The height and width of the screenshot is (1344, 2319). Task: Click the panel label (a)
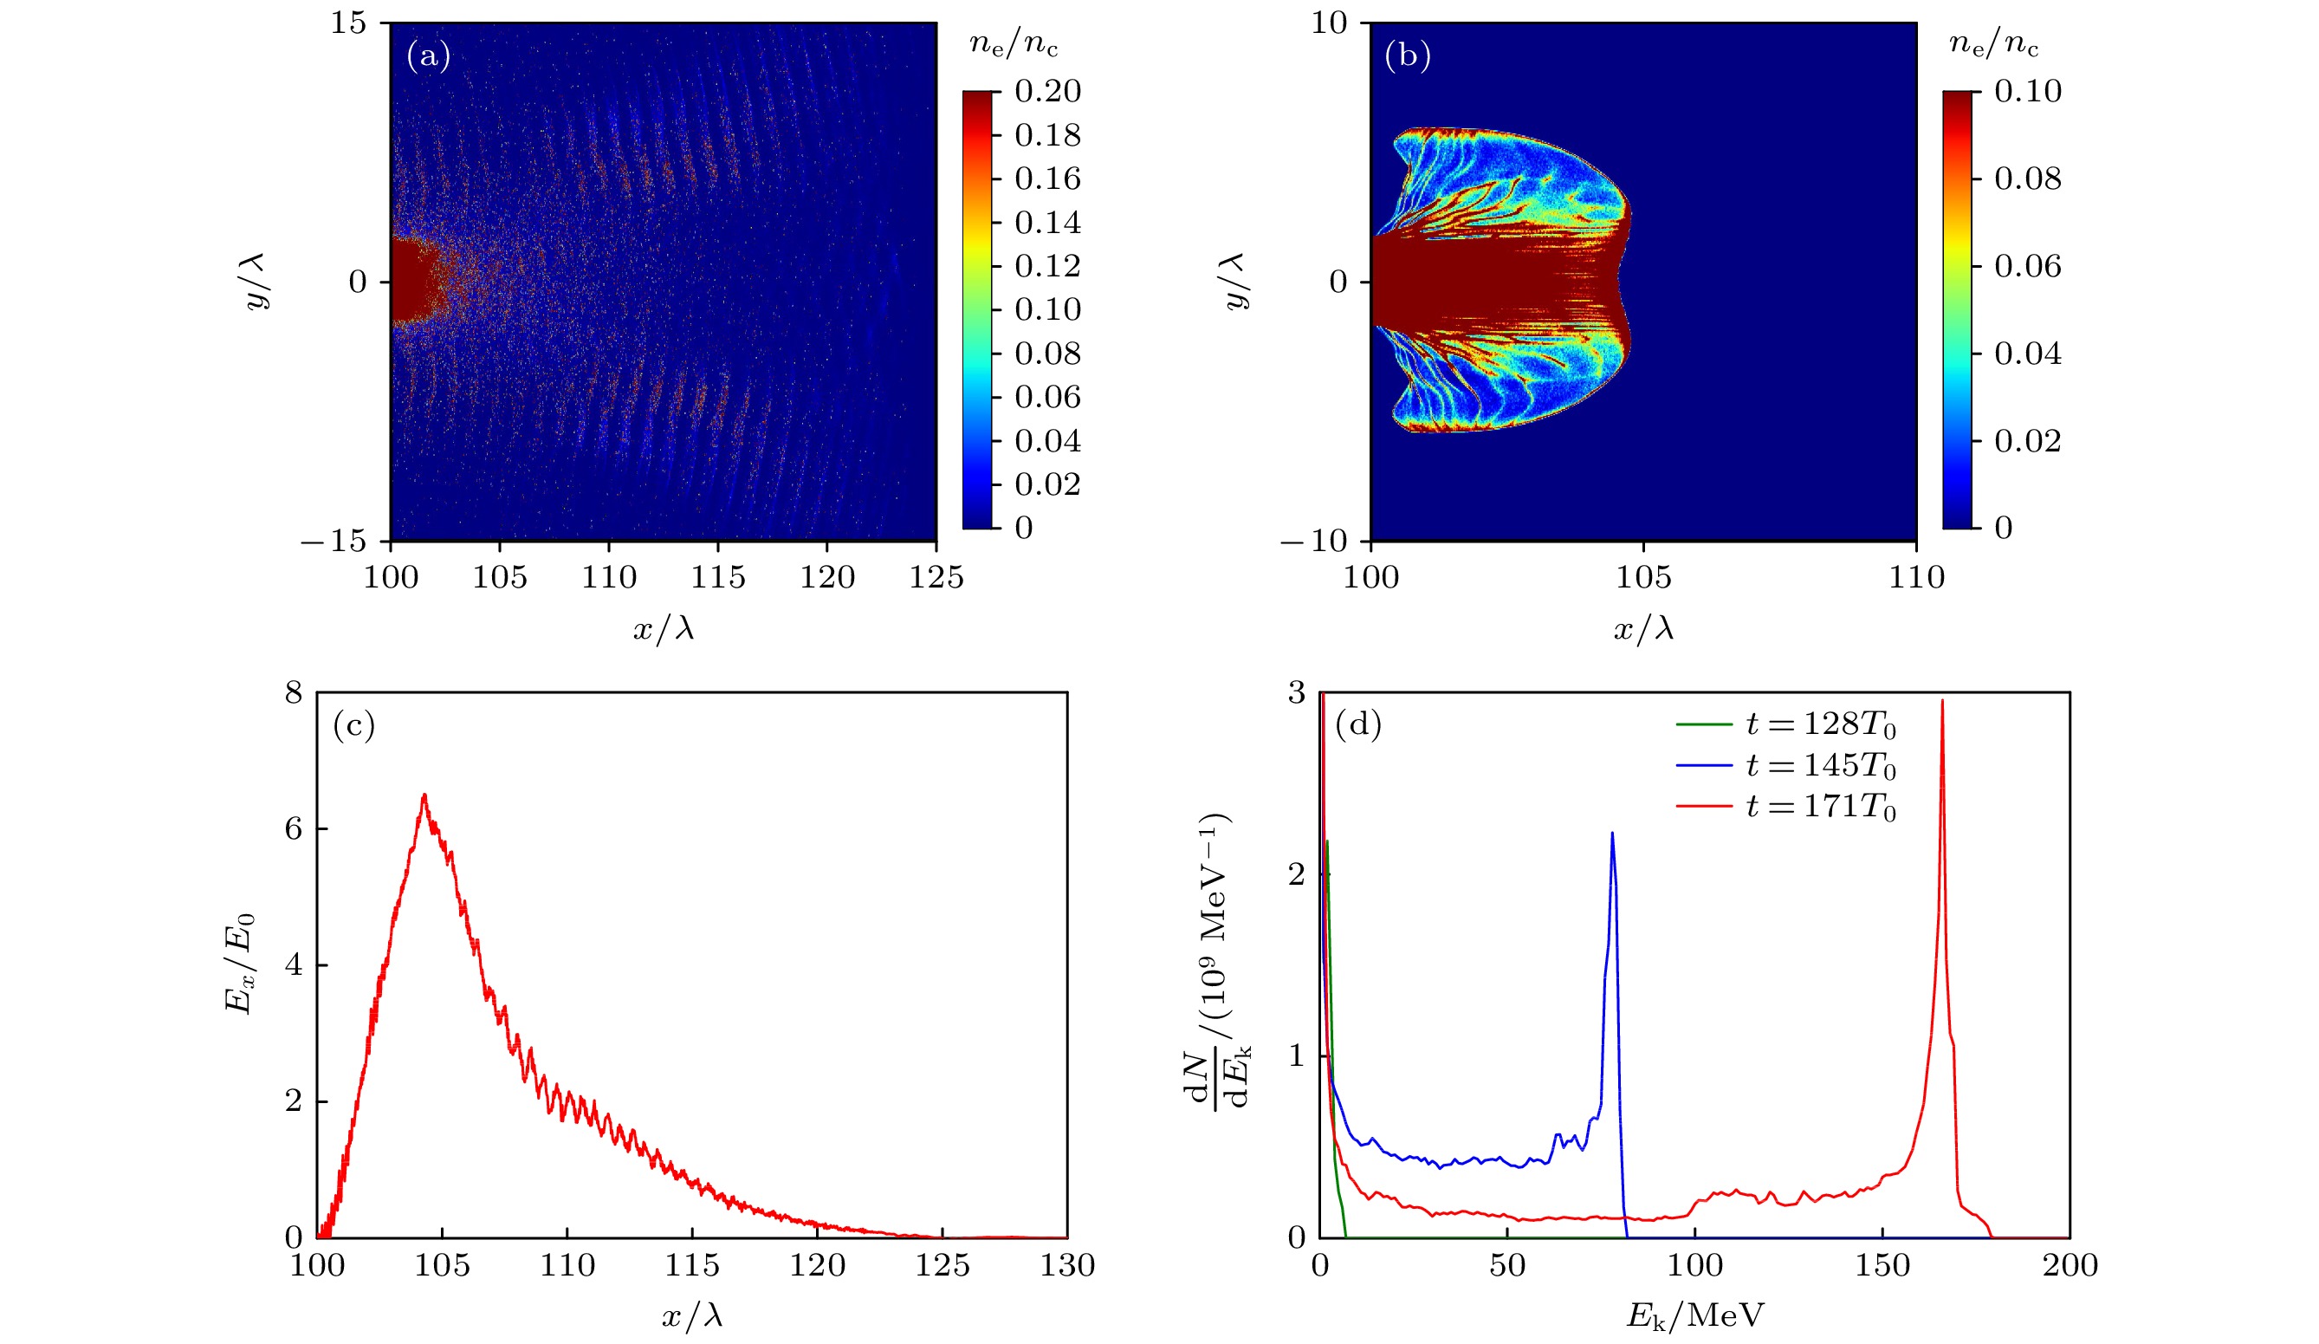pos(429,57)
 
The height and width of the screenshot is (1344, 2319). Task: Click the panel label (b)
pos(1408,57)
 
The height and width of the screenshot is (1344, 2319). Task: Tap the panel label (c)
pos(354,726)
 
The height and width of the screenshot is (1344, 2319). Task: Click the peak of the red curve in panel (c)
pos(424,795)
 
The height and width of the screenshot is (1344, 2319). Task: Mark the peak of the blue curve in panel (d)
pos(1612,833)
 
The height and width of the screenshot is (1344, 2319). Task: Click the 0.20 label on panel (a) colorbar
pos(1047,91)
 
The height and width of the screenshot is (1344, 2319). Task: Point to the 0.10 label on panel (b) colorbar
pos(2027,91)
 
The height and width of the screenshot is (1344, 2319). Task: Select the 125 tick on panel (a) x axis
pos(936,578)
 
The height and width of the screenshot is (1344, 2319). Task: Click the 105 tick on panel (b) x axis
pos(1643,578)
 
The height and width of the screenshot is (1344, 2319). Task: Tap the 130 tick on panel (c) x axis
pos(1067,1266)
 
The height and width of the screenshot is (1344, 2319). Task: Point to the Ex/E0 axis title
pos(239,964)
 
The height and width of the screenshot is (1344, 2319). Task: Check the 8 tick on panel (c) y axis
pos(294,693)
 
